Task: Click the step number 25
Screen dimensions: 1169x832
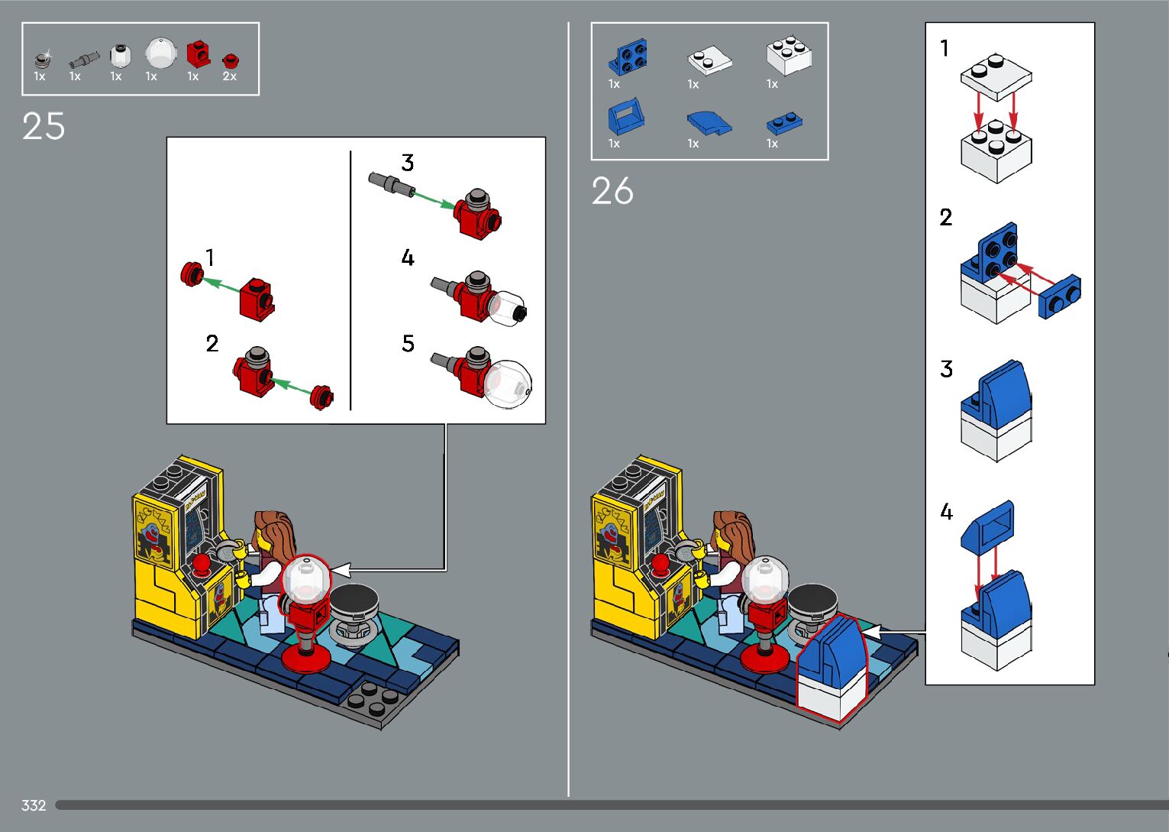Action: point(44,126)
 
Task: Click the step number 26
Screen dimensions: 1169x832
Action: point(612,191)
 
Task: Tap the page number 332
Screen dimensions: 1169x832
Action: point(34,805)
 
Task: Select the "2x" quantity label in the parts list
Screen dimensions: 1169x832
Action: point(229,76)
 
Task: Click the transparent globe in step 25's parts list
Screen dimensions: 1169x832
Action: point(160,53)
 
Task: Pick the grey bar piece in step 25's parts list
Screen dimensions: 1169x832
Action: point(83,59)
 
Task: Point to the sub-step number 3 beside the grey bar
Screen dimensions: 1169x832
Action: point(408,163)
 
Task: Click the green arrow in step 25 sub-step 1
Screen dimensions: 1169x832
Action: point(221,284)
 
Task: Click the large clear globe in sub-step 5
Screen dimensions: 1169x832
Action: point(508,384)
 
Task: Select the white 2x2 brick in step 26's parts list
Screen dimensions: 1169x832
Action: point(788,55)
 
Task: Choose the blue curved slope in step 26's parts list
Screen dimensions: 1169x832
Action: point(709,122)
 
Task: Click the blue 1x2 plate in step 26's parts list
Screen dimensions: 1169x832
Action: point(784,122)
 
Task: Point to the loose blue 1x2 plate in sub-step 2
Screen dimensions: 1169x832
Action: point(1060,296)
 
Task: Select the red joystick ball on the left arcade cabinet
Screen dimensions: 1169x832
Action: point(202,563)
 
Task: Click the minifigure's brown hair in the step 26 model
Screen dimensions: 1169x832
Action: point(738,527)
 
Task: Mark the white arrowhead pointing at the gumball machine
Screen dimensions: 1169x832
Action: point(341,570)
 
